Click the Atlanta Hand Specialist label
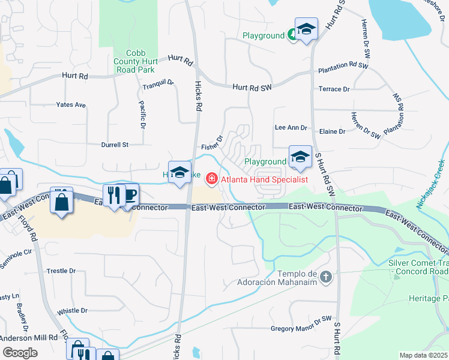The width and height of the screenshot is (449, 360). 264,179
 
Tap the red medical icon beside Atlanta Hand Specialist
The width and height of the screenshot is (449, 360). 211,179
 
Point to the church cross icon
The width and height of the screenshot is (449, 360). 326,277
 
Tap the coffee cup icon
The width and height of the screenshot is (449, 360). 130,194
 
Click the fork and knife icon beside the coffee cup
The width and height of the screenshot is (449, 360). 113,194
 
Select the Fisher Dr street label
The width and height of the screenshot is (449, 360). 212,143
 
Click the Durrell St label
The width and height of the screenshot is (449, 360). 115,145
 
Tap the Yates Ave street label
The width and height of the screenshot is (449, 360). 71,105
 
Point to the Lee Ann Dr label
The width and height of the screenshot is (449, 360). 291,128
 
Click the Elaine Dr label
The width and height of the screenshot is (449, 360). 333,131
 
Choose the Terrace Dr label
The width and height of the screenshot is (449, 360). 334,89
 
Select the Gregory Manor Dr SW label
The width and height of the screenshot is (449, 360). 301,328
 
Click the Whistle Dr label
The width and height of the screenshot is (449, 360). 73,311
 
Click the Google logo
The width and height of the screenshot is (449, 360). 20,353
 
